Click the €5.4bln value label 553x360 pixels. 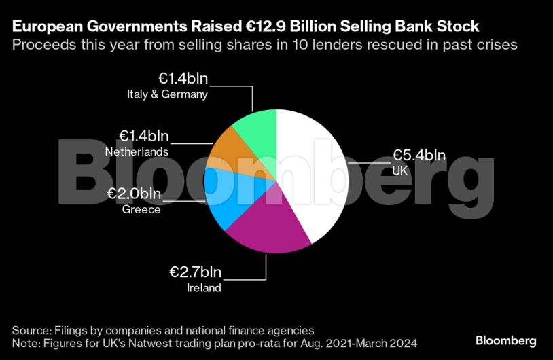(419, 155)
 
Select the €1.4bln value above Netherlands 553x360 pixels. (144, 136)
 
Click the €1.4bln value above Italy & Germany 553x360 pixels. (183, 79)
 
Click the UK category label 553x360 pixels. (400, 171)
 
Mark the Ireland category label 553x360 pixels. (204, 289)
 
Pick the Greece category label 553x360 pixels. (141, 209)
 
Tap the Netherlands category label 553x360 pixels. (137, 151)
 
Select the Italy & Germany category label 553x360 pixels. (167, 94)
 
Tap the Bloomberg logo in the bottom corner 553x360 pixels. (505, 340)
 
